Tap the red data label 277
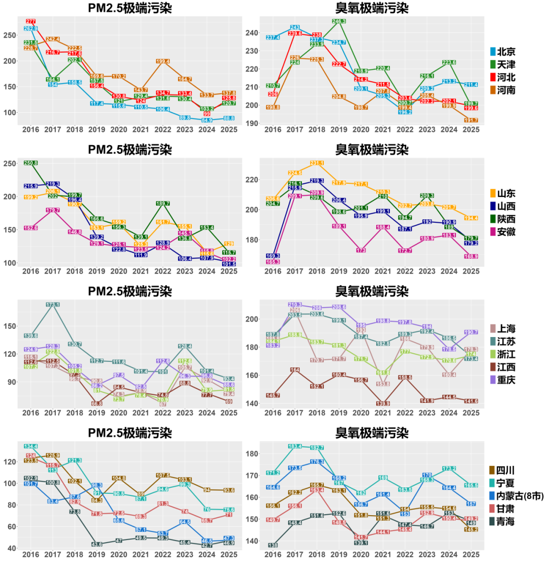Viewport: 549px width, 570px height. pyautogui.click(x=30, y=21)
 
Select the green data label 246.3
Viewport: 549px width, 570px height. pyautogui.click(x=339, y=21)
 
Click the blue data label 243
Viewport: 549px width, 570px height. pyautogui.click(x=295, y=27)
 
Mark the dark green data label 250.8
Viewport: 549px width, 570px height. pyautogui.click(x=30, y=163)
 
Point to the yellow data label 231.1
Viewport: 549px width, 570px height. pyautogui.click(x=317, y=163)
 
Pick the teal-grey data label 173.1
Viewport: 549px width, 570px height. pyautogui.click(x=52, y=305)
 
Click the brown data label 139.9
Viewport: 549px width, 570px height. pyautogui.click(x=383, y=404)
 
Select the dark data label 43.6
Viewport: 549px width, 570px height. pyautogui.click(x=97, y=544)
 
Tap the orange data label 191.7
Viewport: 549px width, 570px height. pyautogui.click(x=471, y=120)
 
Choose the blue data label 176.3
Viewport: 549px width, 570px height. pyautogui.click(x=317, y=462)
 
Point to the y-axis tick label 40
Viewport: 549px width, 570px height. pyautogui.click(x=11, y=548)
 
